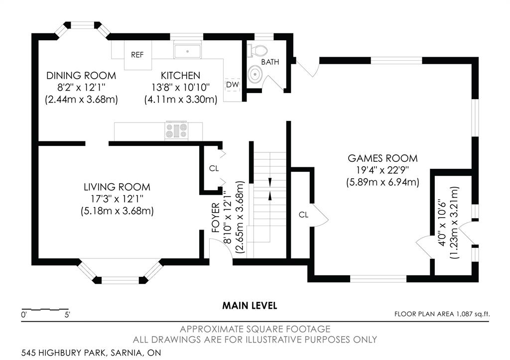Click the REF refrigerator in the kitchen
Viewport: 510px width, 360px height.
(138, 55)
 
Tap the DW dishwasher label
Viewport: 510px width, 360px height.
(233, 85)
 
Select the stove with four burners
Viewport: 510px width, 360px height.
(177, 130)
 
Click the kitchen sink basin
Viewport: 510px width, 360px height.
(187, 52)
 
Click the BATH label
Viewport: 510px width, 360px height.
(270, 62)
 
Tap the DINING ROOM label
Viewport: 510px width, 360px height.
(81, 76)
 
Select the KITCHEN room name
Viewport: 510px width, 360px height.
(180, 76)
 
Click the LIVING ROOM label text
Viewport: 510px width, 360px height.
(117, 187)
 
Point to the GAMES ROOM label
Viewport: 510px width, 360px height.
(382, 158)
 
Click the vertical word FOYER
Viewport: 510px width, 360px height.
(216, 218)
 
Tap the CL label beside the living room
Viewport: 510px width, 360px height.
(214, 168)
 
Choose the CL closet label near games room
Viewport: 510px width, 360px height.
(303, 215)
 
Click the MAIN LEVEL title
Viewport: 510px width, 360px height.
(250, 306)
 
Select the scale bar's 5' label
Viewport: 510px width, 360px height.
(67, 315)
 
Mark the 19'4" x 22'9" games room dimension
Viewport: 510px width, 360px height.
(382, 170)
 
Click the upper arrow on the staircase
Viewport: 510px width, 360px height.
(269, 182)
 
